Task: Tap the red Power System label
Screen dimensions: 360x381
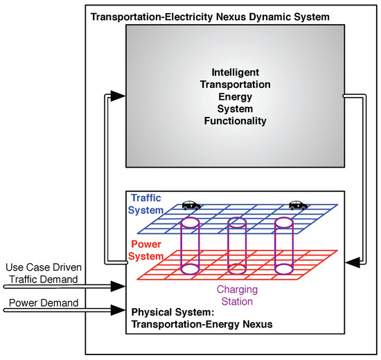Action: click(145, 251)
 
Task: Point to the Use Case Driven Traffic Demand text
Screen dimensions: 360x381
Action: click(40, 273)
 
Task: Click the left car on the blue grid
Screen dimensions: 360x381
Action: click(190, 205)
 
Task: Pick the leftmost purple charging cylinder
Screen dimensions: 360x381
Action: click(189, 246)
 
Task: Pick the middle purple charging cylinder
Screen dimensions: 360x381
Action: click(237, 246)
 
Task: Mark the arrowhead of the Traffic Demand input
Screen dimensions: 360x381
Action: click(119, 284)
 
